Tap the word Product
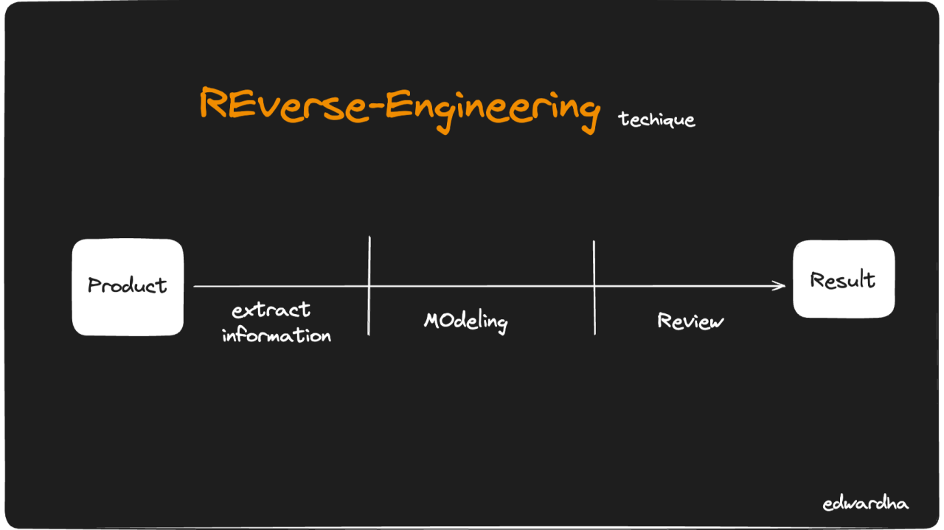128,285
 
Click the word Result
843,280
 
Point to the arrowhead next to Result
782,286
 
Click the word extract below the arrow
271,310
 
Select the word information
277,335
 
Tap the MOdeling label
466,321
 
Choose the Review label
690,321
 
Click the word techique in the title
656,119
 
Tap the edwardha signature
865,504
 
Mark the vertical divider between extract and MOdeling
369,286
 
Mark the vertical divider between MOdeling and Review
594,287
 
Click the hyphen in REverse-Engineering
375,108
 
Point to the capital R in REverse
212,103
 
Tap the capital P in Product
94,285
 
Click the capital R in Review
664,320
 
